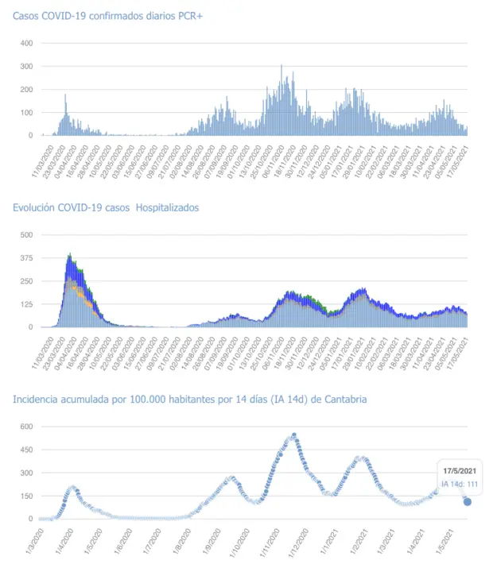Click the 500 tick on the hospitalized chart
pos(26,235)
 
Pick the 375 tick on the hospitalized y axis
pos(26,258)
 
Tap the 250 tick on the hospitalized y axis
pos(26,281)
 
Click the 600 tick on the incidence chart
pos(26,427)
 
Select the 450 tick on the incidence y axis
pos(26,450)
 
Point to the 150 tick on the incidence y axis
pos(26,496)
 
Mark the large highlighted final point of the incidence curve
pos(468,501)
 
